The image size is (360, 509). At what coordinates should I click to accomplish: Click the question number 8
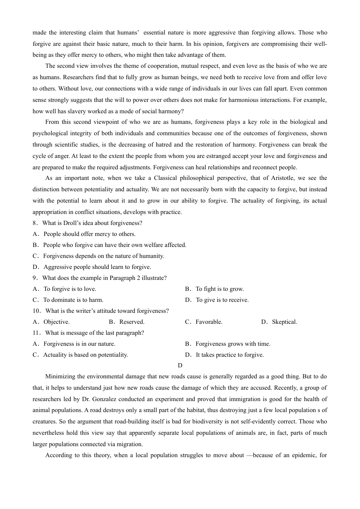pyautogui.click(x=34, y=223)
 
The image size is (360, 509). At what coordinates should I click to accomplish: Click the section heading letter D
pyautogui.click(x=180, y=365)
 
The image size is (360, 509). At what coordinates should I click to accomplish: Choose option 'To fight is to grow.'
pyautogui.click(x=219, y=289)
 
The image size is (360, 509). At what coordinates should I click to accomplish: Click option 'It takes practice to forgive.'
pyautogui.click(x=230, y=355)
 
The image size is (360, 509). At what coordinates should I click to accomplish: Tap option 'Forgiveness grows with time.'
pyautogui.click(x=233, y=344)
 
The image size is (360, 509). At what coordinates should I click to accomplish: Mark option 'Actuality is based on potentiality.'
pyautogui.click(x=85, y=355)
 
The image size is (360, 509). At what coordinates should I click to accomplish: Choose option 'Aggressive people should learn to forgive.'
pyautogui.click(x=97, y=267)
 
